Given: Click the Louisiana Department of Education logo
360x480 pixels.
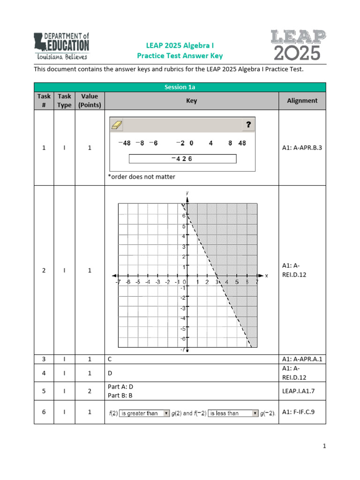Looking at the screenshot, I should coord(61,46).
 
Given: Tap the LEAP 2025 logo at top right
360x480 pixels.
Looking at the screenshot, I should coord(297,45).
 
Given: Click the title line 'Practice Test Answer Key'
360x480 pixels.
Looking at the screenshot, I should coord(180,56).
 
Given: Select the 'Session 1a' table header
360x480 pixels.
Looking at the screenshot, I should coord(180,87).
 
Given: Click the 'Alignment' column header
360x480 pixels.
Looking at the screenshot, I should coord(302,100).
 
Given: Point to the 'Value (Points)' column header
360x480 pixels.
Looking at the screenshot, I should coord(89,100).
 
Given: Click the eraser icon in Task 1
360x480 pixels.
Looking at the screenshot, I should coord(116,125).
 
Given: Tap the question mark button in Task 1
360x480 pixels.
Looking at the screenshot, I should coord(248,125).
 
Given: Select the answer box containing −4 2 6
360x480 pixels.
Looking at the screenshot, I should coord(182,159).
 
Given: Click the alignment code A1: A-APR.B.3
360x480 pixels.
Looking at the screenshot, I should coord(302,148).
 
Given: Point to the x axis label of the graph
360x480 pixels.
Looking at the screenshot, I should coord(266,276).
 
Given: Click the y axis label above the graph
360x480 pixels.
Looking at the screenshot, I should coord(187,193).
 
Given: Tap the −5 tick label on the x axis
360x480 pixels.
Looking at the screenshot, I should coord(138,282).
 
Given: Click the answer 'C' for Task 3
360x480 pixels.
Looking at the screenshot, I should coord(110,359).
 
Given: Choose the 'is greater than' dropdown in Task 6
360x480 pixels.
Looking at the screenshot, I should coord(144,413).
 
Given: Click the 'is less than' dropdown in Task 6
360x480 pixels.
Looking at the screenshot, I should coord(233,413).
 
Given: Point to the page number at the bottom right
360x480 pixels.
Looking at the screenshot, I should coord(323,459).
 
